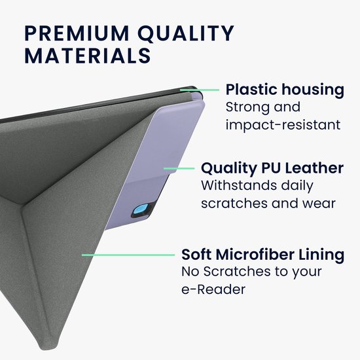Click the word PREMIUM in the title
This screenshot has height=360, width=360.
click(77, 33)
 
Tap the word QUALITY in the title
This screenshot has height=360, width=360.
click(186, 34)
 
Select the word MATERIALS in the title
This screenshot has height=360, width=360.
click(88, 56)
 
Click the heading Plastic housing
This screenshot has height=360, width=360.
click(285, 90)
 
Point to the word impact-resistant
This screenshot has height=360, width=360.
click(283, 125)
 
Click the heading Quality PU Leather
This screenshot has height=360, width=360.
click(272, 168)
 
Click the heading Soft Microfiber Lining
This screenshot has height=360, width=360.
click(263, 255)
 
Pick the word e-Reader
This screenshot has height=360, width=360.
click(213, 289)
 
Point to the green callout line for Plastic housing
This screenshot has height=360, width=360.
click(200, 90)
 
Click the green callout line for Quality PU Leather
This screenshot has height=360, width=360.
click(179, 168)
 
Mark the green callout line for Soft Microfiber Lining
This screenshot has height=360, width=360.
click(128, 255)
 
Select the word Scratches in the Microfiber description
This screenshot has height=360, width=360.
click(237, 272)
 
